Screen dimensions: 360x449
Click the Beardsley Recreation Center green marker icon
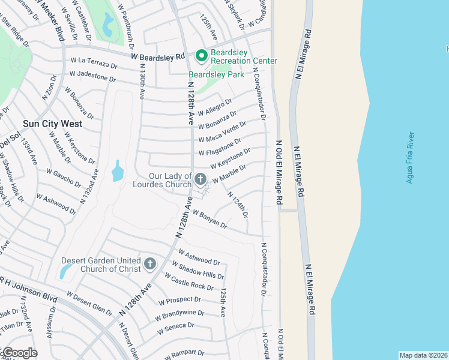point(200,56)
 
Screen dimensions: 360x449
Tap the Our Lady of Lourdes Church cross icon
point(200,179)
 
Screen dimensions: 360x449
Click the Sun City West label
point(52,124)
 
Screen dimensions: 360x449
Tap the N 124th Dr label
point(238,204)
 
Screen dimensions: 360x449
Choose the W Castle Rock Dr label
point(188,282)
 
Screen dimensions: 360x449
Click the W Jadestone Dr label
point(92,76)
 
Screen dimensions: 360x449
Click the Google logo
point(19,352)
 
